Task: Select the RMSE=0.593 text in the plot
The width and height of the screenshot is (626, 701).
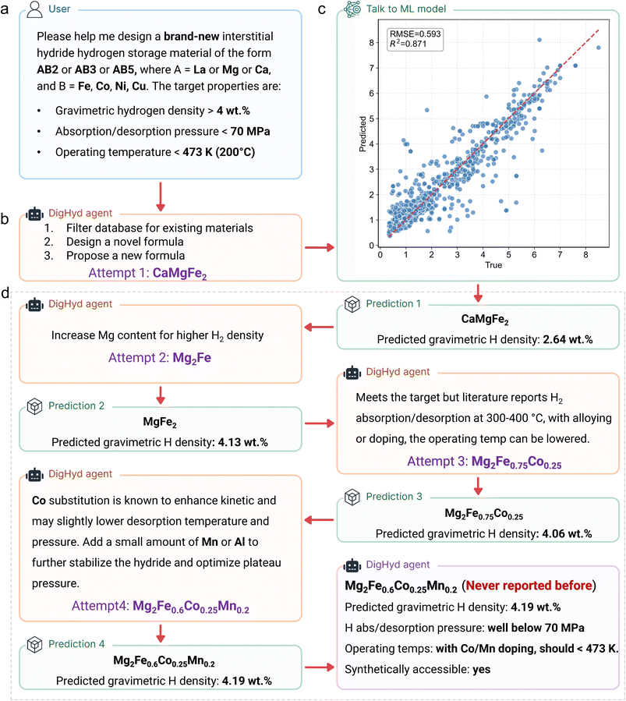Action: (x=416, y=34)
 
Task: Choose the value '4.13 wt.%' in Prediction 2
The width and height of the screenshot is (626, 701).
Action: (x=234, y=442)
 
